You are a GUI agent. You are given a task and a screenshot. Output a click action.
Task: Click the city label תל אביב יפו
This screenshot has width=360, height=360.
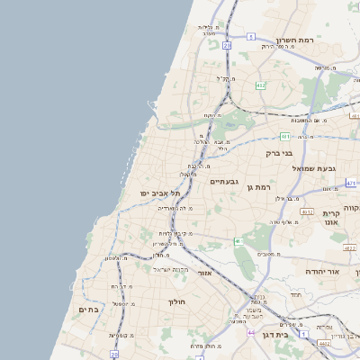coord(160,193)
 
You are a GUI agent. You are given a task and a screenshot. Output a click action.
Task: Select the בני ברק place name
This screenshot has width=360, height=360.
coord(279,154)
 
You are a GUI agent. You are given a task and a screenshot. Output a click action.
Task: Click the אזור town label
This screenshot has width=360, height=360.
coord(205,272)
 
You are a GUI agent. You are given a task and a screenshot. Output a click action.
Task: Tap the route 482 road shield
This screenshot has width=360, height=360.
coord(261,85)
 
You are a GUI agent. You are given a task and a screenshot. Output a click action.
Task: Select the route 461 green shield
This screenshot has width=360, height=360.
coord(284,137)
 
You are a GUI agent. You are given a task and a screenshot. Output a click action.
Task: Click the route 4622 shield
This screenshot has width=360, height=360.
coord(349,246)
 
